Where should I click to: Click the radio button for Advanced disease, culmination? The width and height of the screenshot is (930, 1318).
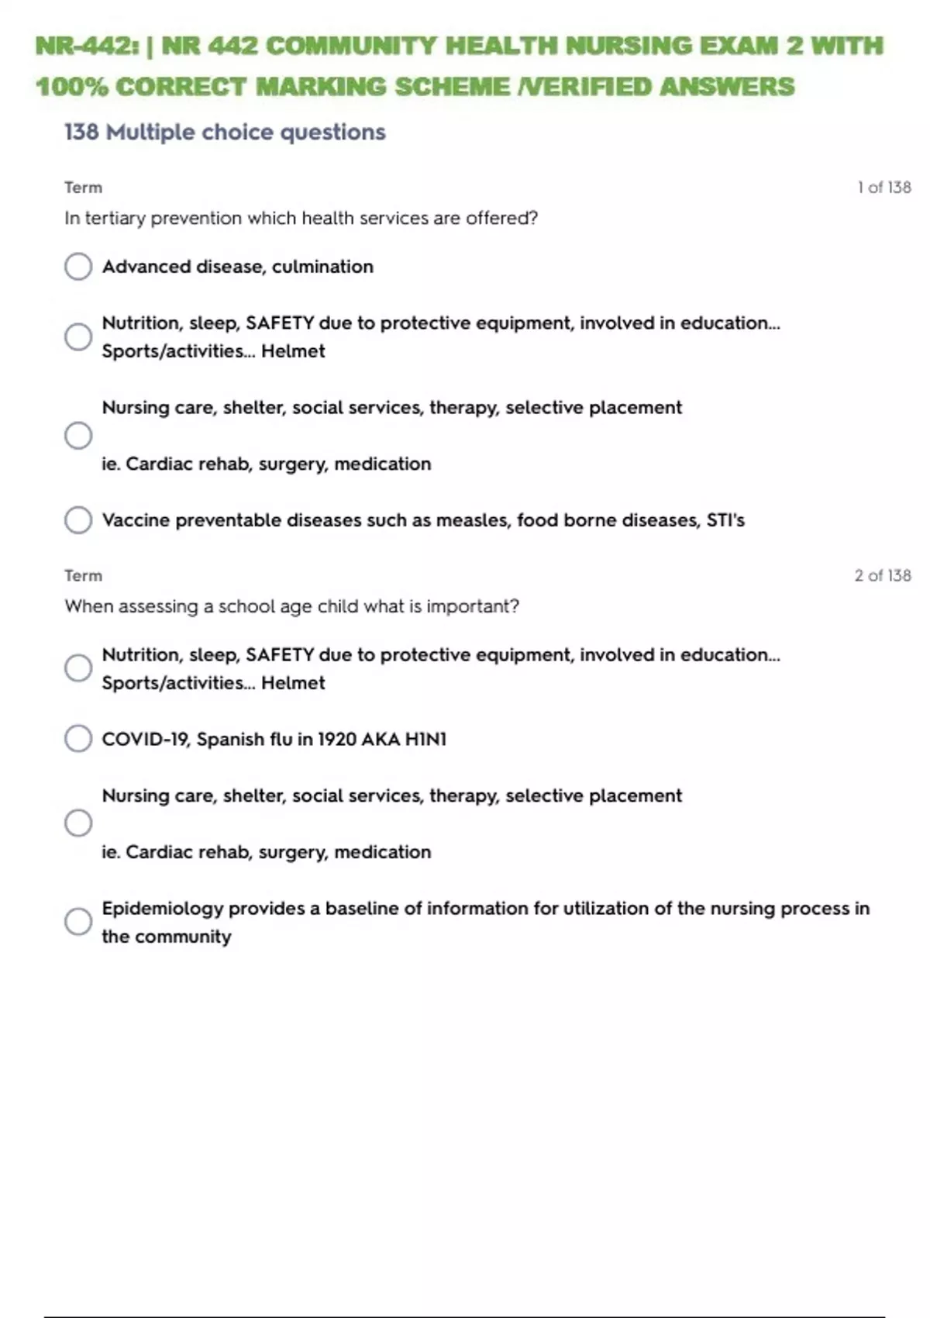click(x=78, y=267)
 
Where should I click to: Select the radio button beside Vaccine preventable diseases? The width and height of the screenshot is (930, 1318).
click(x=78, y=520)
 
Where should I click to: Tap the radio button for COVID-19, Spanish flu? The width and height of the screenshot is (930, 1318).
click(x=78, y=739)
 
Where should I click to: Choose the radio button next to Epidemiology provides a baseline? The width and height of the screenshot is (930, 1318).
click(x=78, y=922)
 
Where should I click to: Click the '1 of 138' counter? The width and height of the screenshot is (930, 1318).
click(x=883, y=188)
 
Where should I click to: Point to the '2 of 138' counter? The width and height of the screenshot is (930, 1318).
click(x=882, y=576)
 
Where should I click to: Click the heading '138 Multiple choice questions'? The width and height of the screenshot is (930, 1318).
click(x=225, y=133)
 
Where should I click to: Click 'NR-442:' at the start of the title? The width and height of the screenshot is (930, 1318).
click(x=86, y=46)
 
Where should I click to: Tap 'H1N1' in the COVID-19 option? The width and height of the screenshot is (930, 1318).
click(x=425, y=740)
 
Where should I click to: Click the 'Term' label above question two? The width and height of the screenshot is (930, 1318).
click(x=83, y=576)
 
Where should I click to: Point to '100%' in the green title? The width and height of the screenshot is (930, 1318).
click(x=71, y=87)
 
